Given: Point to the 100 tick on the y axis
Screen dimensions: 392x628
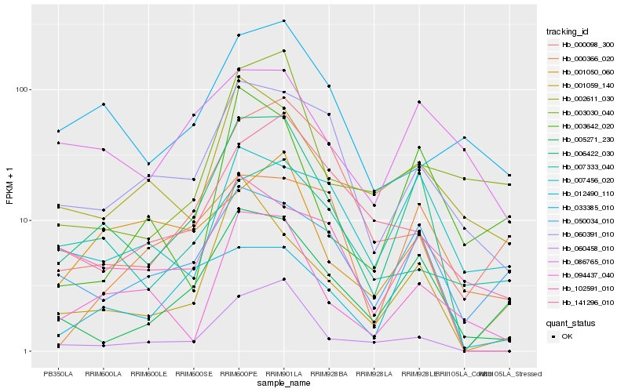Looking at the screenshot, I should click(x=22, y=89).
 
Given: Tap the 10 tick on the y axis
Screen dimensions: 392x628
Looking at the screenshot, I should click(x=24, y=220).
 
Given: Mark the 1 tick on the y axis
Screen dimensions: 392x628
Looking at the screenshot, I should click(x=27, y=351).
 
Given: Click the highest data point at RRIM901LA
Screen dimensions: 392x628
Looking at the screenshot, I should click(x=283, y=20).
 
